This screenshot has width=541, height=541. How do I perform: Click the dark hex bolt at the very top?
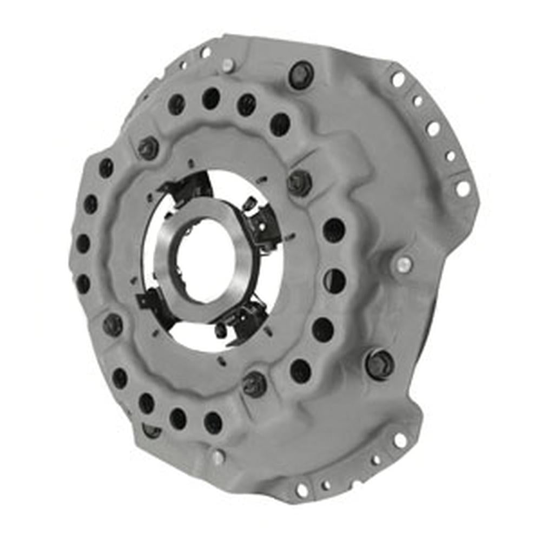point(301,74)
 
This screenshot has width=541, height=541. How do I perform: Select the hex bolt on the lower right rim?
point(380,364)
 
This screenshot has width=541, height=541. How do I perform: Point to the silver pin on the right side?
point(403,265)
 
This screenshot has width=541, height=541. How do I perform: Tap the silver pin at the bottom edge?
point(218,457)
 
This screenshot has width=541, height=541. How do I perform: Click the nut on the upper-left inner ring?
point(148,148)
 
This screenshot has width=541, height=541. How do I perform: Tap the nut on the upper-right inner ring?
point(299,182)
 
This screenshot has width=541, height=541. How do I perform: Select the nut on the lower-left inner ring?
point(113,324)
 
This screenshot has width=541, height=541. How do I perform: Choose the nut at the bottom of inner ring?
point(254,384)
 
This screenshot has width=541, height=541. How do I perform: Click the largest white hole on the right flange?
point(463,188)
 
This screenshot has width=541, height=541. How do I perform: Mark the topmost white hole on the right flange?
point(398,80)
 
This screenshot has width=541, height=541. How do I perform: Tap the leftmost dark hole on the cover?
point(83,243)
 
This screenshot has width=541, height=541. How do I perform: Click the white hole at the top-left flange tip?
point(206,52)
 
